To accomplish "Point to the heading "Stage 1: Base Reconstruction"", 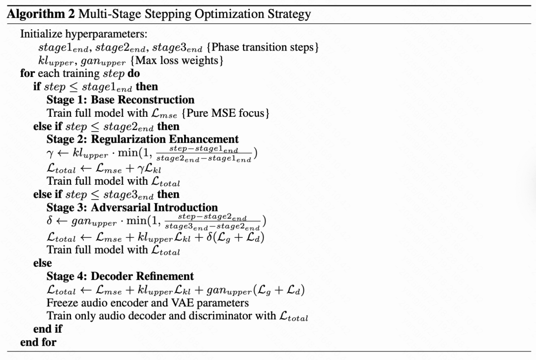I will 121,99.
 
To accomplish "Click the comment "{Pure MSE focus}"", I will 225,113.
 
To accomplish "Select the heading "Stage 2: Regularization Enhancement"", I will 142,139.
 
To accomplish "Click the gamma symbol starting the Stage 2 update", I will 50,154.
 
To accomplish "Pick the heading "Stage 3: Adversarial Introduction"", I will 132,208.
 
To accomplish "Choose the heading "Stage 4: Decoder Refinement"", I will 120,276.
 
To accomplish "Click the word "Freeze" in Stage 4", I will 61,302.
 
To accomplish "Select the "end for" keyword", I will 38,342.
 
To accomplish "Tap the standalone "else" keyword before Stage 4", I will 43,263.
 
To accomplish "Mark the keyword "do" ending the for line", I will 134,74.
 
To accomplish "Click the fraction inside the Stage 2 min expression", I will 203,154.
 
